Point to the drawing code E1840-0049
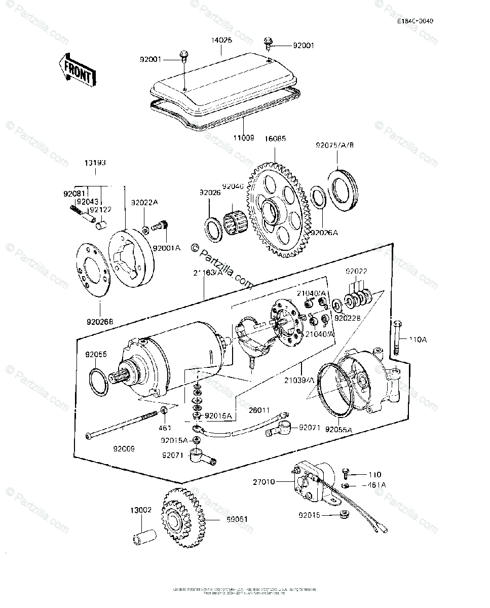(416, 21)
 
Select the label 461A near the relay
(374, 485)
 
